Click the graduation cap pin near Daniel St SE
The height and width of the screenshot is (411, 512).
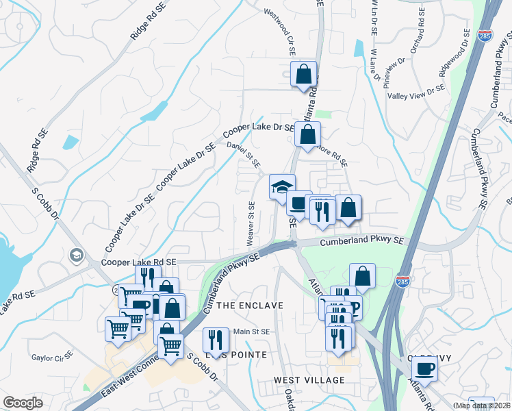pyautogui.click(x=281, y=186)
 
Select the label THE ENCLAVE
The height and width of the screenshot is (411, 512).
pyautogui.click(x=249, y=305)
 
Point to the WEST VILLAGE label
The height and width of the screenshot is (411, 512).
pyautogui.click(x=309, y=379)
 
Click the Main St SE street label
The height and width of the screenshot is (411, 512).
pyautogui.click(x=252, y=332)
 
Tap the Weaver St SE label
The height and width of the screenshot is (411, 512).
pyautogui.click(x=251, y=223)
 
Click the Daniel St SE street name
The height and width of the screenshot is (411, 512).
pyautogui.click(x=244, y=154)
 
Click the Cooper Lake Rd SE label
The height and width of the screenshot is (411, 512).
pyautogui.click(x=138, y=262)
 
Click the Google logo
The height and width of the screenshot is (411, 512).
pyautogui.click(x=23, y=403)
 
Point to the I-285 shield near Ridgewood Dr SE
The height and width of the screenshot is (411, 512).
pyautogui.click(x=484, y=38)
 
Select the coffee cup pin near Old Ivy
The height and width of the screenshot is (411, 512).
pyautogui.click(x=426, y=369)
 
